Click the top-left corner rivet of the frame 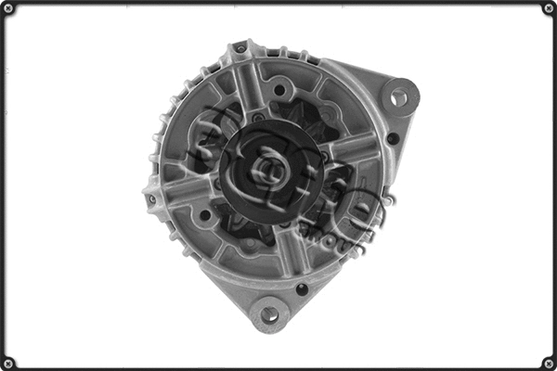click(8, 8)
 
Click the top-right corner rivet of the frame click(548, 8)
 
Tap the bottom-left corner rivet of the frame click(8, 362)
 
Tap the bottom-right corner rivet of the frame click(548, 362)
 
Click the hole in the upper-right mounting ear click(399, 96)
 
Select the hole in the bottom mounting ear click(269, 315)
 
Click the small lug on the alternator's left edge click(149, 197)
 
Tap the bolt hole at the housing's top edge click(241, 48)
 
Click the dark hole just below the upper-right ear click(393, 139)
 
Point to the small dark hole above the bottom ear click(302, 288)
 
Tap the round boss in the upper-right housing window click(278, 90)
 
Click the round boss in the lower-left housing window click(205, 215)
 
